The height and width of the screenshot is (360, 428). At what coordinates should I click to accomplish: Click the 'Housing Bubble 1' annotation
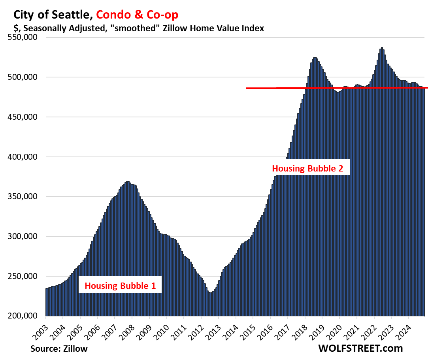pos(120,285)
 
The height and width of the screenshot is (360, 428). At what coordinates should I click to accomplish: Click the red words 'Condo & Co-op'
pos(137,15)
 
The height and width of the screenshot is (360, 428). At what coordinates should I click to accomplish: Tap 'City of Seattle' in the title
pos(53,15)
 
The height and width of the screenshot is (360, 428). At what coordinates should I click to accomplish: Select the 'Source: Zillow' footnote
pos(59,348)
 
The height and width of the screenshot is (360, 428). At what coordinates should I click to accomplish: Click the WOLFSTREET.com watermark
pos(360,348)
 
